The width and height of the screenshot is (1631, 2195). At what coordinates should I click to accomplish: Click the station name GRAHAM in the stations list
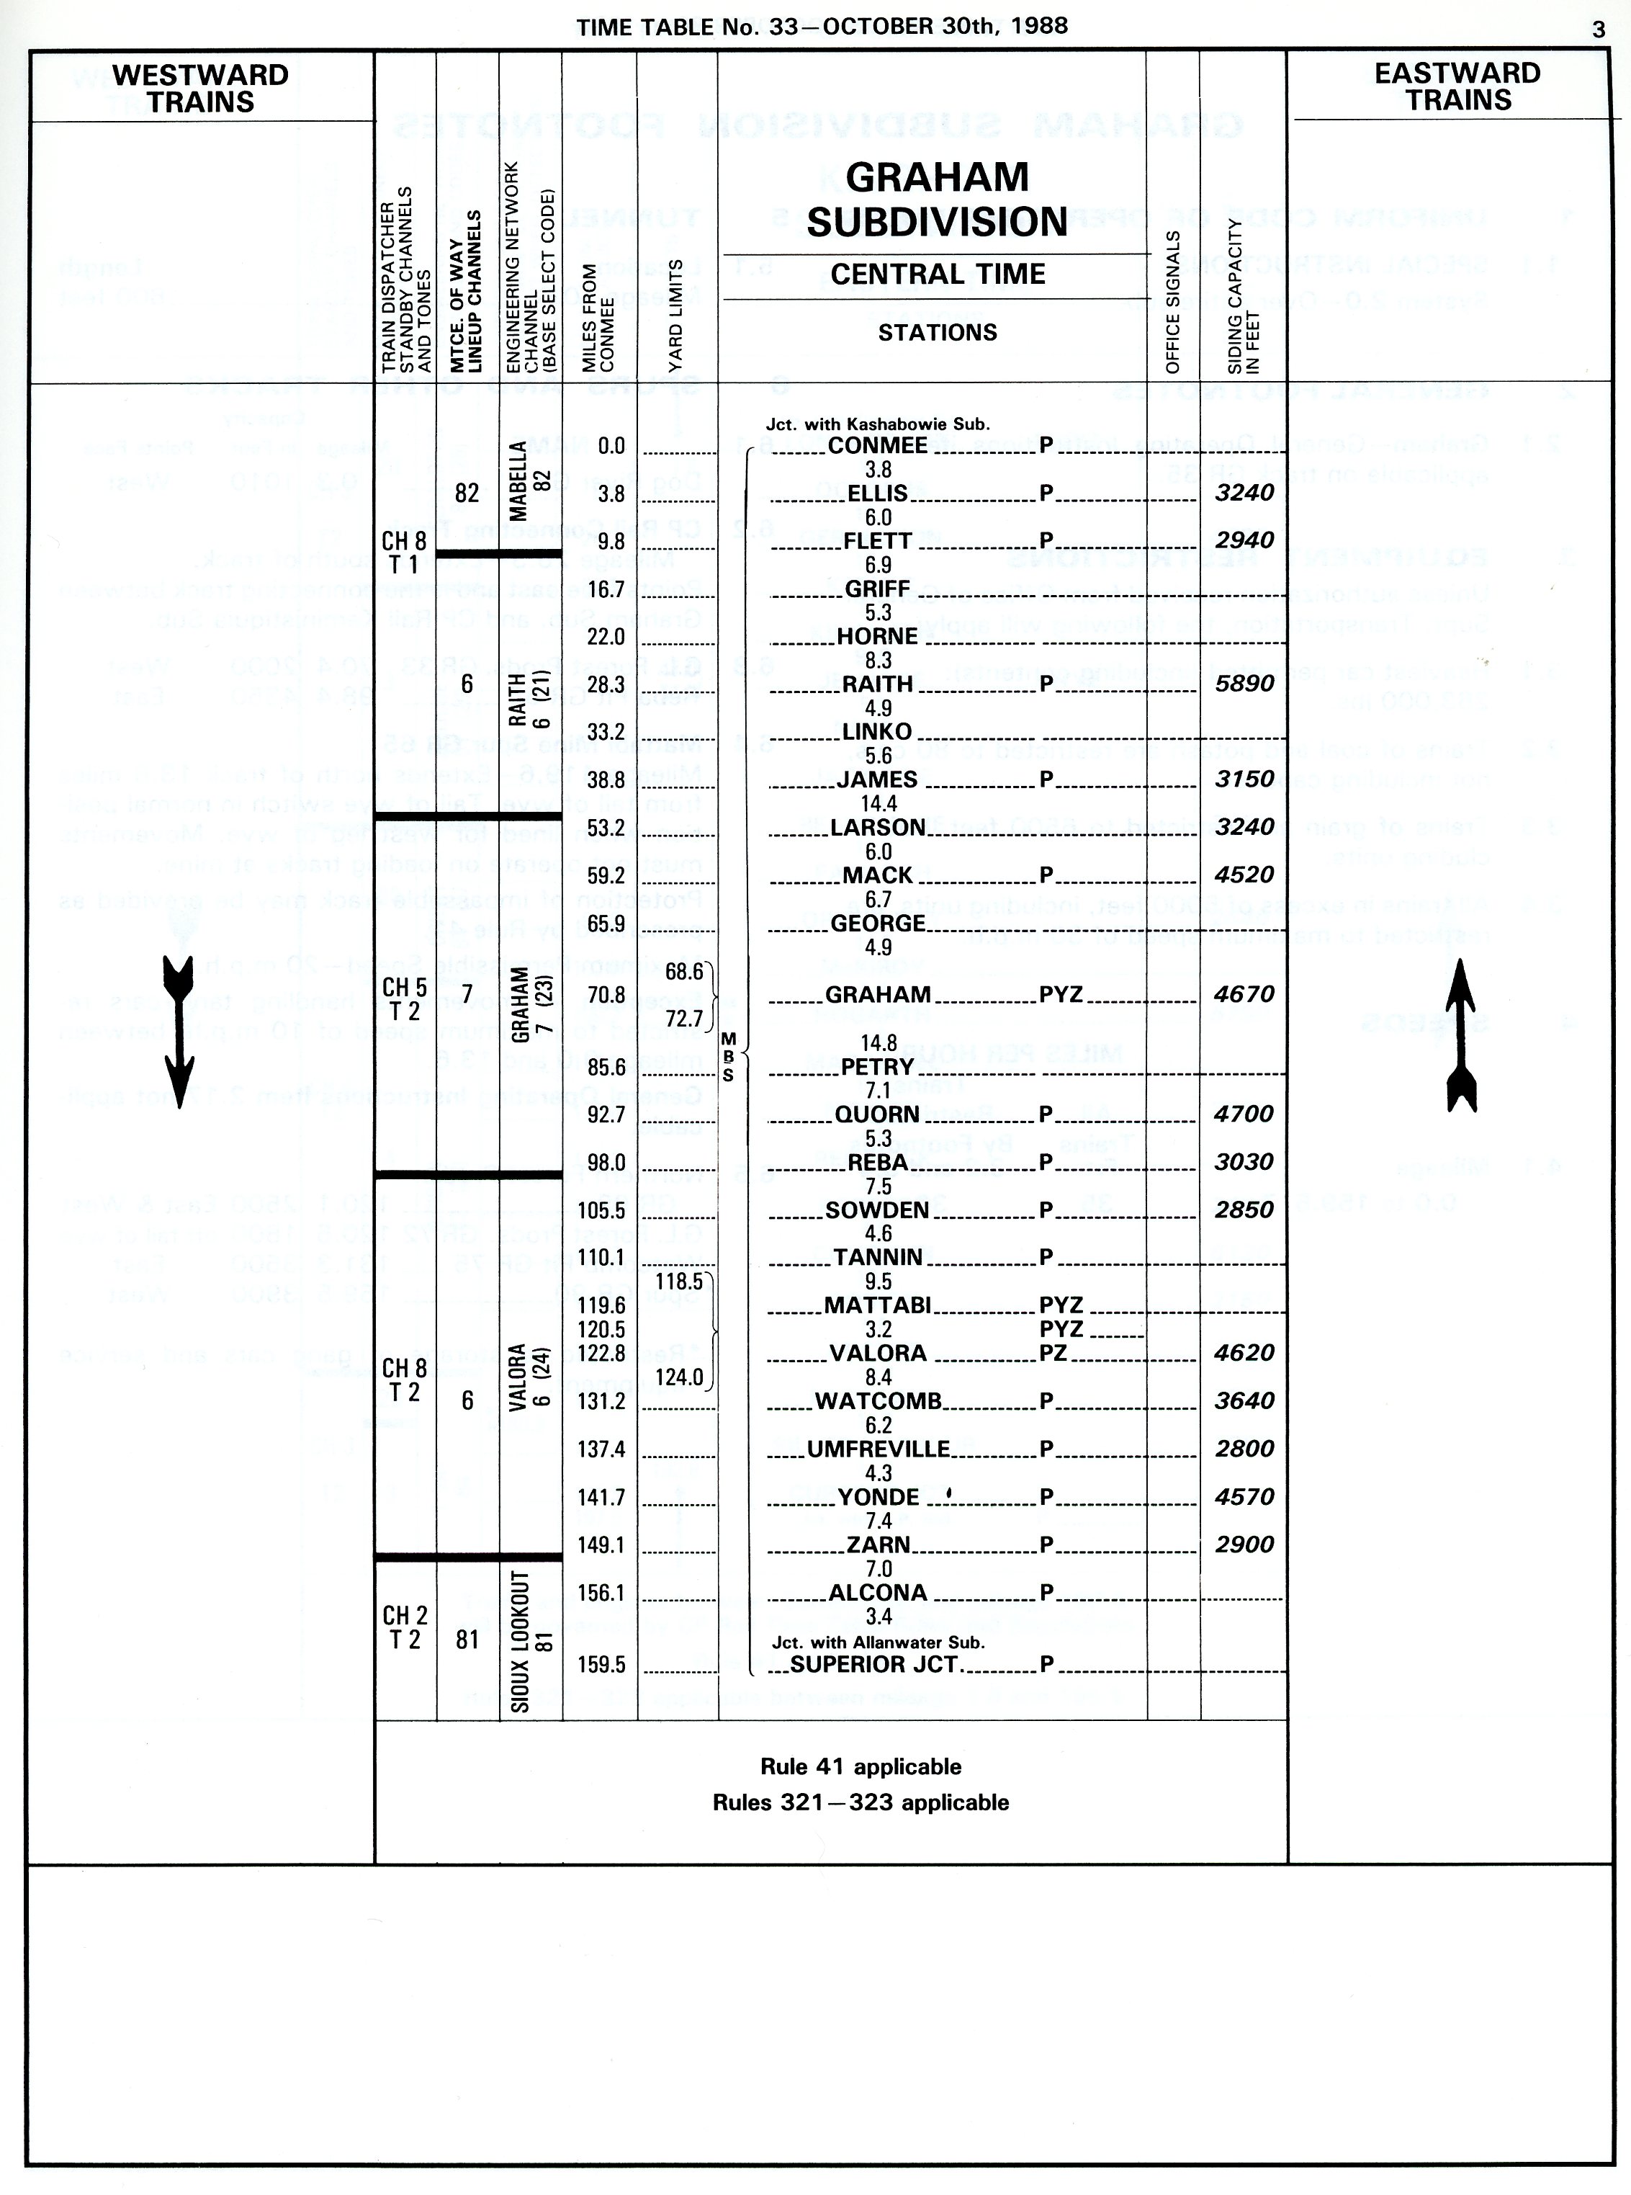pyautogui.click(x=878, y=994)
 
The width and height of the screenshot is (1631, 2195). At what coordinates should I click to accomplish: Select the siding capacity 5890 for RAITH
pyautogui.click(x=1244, y=684)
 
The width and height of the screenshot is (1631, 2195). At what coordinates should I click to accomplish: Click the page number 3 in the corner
pyautogui.click(x=1599, y=30)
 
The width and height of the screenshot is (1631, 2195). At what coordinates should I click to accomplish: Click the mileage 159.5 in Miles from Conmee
pyautogui.click(x=602, y=1665)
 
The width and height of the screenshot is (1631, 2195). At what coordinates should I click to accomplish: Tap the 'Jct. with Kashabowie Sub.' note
pyautogui.click(x=877, y=424)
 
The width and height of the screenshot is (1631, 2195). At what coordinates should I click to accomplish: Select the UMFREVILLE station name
pyautogui.click(x=878, y=1449)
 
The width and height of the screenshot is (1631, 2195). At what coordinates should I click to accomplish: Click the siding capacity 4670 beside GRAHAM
pyautogui.click(x=1244, y=994)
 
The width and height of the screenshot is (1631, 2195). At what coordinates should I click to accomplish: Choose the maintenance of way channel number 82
pyautogui.click(x=467, y=493)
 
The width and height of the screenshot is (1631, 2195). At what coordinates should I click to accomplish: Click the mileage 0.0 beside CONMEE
pyautogui.click(x=611, y=445)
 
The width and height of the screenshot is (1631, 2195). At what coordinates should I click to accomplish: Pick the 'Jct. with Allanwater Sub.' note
pyautogui.click(x=878, y=1642)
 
